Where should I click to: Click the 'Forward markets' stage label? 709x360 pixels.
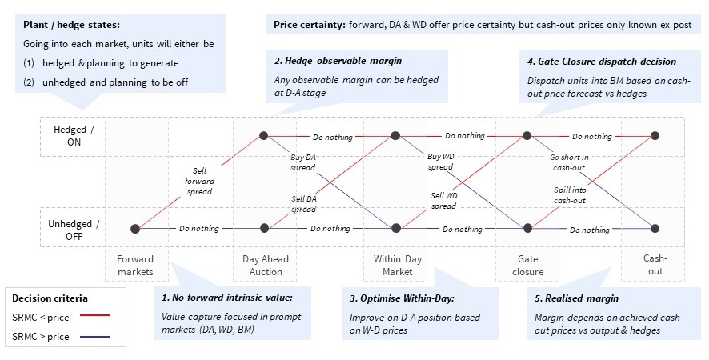(135, 265)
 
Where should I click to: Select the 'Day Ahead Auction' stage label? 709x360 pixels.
(266, 265)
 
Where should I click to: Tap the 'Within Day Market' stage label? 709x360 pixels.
(397, 265)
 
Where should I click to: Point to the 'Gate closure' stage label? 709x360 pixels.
(527, 265)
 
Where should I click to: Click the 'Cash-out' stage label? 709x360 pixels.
(655, 265)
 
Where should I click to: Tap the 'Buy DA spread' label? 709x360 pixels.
(302, 162)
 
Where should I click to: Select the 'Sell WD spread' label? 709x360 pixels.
(443, 200)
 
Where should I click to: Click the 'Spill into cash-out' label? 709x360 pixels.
(570, 195)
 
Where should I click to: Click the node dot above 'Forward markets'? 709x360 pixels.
(135, 229)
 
